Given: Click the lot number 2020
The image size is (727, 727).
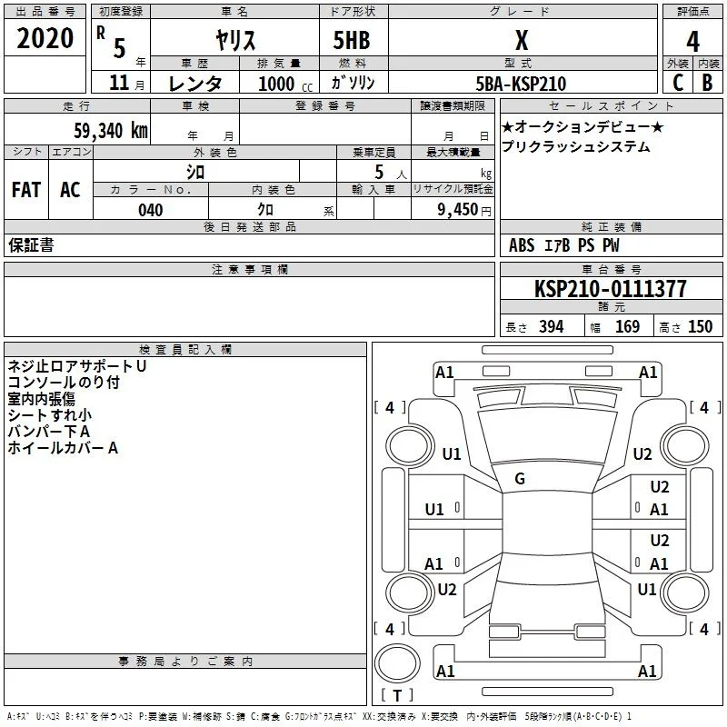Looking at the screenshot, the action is pyautogui.click(x=45, y=38).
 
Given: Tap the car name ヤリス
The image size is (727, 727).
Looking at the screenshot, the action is pyautogui.click(x=235, y=40).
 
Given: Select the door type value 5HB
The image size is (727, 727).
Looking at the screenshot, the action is pyautogui.click(x=352, y=40).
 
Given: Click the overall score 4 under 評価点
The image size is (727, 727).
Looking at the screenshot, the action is pyautogui.click(x=692, y=42).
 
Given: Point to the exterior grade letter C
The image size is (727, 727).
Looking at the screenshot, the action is pyautogui.click(x=678, y=83).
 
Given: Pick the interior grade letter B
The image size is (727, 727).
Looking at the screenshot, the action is pyautogui.click(x=707, y=83).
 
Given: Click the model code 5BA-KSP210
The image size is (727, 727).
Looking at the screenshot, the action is pyautogui.click(x=521, y=84).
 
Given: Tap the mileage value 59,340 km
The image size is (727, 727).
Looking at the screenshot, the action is pyautogui.click(x=111, y=130).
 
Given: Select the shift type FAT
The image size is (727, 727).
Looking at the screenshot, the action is pyautogui.click(x=26, y=190).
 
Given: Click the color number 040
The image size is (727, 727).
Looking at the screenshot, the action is pyautogui.click(x=150, y=210).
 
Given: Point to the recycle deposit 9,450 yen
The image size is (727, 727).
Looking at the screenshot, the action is pyautogui.click(x=464, y=210).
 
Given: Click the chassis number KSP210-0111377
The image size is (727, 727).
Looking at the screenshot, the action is pyautogui.click(x=610, y=288).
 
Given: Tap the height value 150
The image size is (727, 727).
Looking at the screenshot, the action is pyautogui.click(x=700, y=326).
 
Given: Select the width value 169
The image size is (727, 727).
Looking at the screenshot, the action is pyautogui.click(x=627, y=326).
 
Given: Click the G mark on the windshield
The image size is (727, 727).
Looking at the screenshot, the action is pyautogui.click(x=520, y=479).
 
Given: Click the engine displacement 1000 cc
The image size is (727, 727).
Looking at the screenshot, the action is pyautogui.click(x=285, y=84).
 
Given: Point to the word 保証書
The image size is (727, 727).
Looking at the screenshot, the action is pyautogui.click(x=31, y=244).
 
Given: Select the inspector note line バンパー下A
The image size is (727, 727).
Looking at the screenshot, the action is pyautogui.click(x=49, y=432).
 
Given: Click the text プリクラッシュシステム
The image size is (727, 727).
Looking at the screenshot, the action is pyautogui.click(x=575, y=146).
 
